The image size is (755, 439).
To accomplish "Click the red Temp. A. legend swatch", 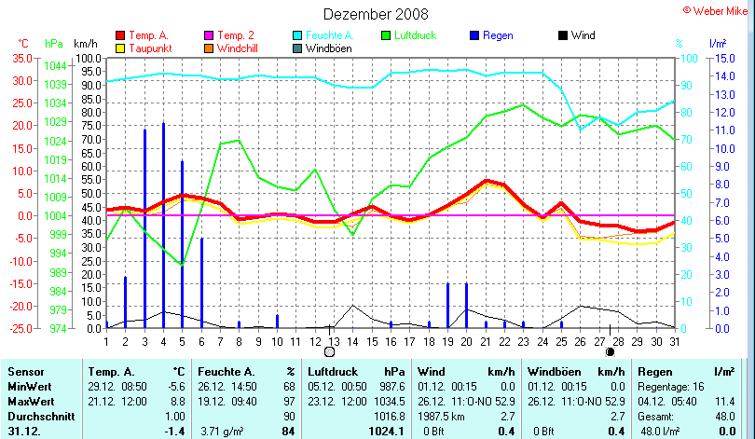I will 119,35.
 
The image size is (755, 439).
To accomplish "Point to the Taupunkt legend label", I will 149,48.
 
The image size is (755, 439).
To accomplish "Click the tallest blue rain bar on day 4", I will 163,224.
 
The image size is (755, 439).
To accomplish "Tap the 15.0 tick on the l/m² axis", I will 719,58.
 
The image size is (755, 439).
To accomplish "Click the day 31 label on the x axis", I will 675,341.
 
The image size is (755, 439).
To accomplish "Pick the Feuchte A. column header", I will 225,371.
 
